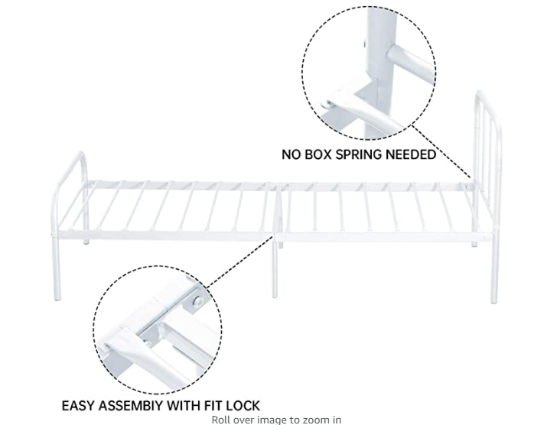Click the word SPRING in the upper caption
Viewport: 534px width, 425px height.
[348, 154]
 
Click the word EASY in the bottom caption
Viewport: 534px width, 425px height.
[80, 405]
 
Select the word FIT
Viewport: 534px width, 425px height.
[220, 405]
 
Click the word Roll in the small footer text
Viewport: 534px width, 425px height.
[222, 419]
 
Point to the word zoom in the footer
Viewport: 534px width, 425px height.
[303, 419]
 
